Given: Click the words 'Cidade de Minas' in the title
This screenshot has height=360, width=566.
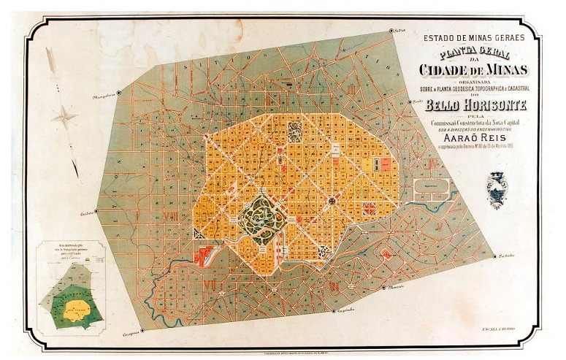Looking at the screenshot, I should (473, 70).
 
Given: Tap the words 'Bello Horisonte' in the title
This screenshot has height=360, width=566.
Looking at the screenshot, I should (473, 105).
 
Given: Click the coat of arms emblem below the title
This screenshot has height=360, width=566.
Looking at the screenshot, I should (499, 189).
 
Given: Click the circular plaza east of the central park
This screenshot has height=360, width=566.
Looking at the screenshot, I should (332, 199).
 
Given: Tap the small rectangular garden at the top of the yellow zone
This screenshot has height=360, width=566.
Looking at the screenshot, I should (294, 131).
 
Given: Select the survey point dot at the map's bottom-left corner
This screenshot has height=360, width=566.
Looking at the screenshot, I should (142, 330).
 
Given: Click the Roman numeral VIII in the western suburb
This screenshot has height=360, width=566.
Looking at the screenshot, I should (173, 217).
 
